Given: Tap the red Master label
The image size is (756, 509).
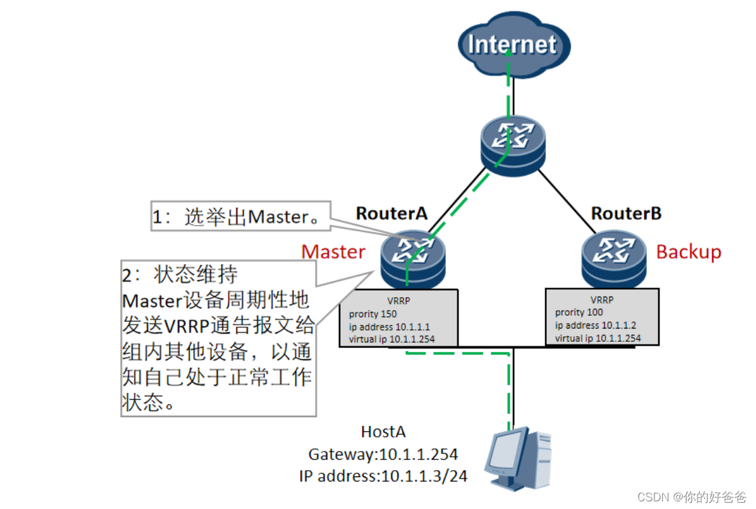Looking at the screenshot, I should click(x=333, y=251).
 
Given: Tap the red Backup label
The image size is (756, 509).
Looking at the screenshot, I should click(x=688, y=251).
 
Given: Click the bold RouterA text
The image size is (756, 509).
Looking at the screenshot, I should click(x=391, y=213).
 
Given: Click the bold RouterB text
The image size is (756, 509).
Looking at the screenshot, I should click(x=626, y=213).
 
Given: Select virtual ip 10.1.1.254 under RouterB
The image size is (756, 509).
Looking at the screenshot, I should click(x=598, y=338).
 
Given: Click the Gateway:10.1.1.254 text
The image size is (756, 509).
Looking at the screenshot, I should click(x=383, y=454).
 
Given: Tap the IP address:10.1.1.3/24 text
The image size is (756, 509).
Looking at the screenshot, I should click(x=383, y=475).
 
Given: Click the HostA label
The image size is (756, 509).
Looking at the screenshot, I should click(x=383, y=432).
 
